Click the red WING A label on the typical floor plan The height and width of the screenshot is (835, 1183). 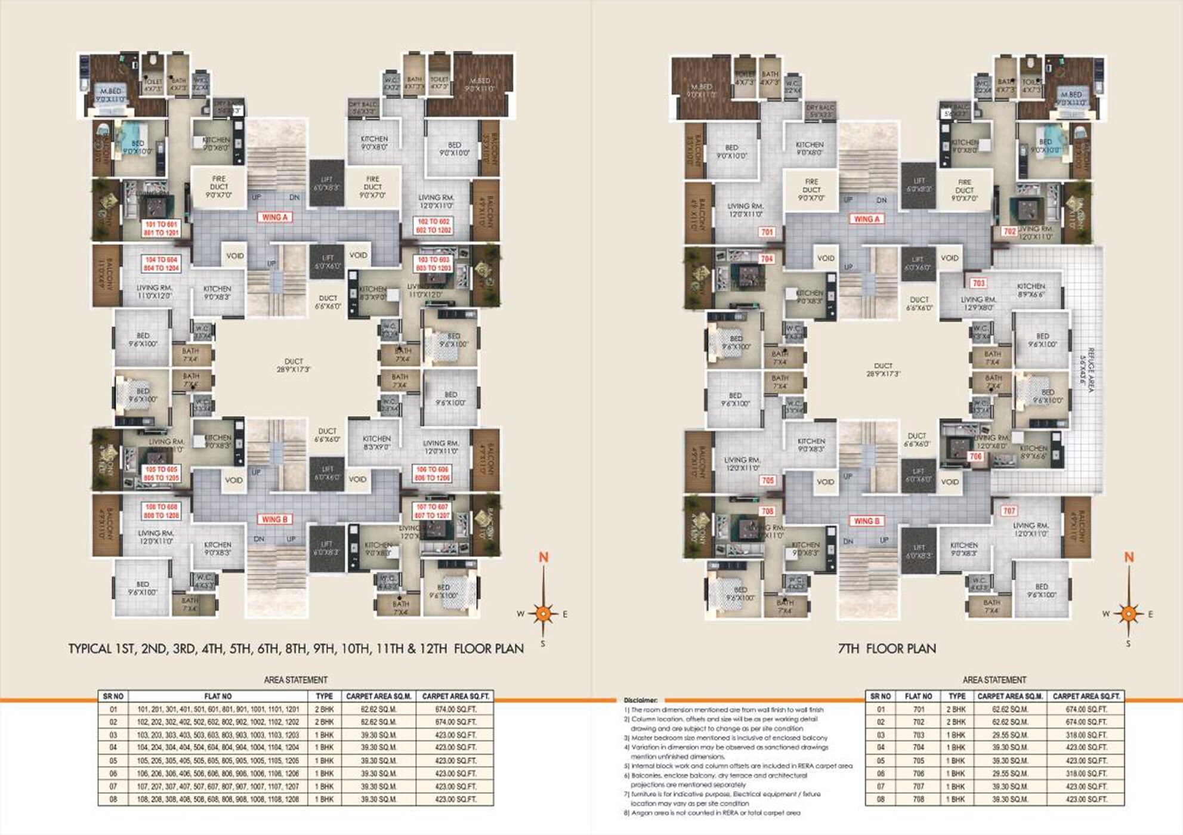click(275, 217)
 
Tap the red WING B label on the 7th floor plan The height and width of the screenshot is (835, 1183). click(866, 521)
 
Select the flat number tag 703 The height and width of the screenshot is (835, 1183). click(978, 283)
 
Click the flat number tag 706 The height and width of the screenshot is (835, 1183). click(975, 457)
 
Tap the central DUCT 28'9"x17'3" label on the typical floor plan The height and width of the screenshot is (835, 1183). click(294, 366)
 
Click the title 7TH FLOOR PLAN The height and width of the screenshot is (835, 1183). click(887, 649)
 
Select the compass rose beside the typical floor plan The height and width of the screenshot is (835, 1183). click(543, 613)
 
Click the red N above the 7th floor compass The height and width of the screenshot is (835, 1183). click(1129, 557)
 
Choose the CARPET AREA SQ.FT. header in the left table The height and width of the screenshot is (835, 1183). click(456, 696)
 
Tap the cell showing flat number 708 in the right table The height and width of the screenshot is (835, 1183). click(918, 799)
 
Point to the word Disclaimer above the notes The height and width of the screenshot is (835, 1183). click(641, 700)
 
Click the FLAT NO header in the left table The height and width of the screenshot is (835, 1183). click(218, 696)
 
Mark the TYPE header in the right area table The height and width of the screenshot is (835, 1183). click(956, 696)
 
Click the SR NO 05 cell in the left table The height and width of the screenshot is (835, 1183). click(113, 760)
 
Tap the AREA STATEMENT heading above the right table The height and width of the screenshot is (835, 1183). click(994, 680)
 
